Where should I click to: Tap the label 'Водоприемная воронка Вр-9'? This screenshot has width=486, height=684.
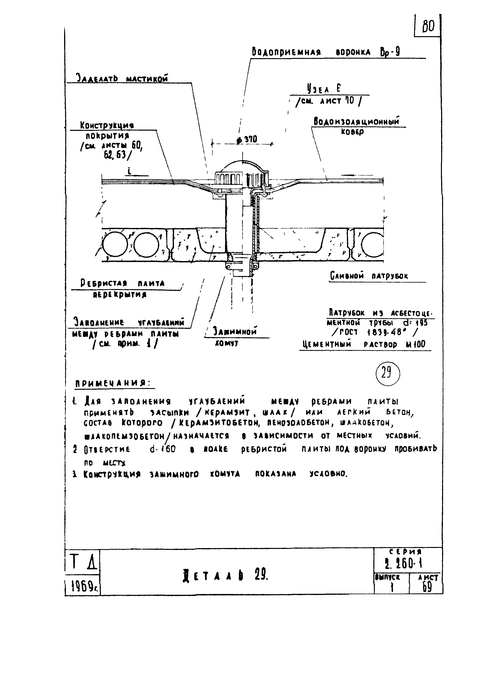[x=326, y=52]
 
